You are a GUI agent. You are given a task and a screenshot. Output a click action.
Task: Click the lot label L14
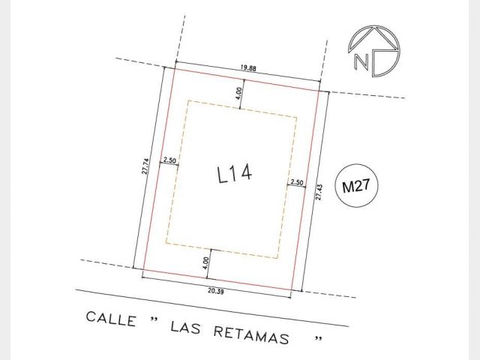pos(235,173)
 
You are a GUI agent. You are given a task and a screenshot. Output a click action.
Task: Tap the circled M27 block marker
pos(356,185)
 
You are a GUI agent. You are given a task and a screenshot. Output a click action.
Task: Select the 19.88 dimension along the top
pos(248,68)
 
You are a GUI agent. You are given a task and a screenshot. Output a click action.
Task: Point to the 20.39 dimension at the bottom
pos(216,291)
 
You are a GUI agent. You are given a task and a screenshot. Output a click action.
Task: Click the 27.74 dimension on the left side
pos(145,166)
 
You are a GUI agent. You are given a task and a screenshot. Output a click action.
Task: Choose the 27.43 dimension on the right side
pos(319,192)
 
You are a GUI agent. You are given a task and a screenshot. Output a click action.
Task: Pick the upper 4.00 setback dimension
pos(239,93)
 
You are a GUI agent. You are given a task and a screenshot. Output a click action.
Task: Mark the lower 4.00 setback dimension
pos(205,263)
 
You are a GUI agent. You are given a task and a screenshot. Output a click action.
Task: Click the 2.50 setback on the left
pos(169,160)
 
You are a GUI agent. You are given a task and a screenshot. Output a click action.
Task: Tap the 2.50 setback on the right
pos(297,182)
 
